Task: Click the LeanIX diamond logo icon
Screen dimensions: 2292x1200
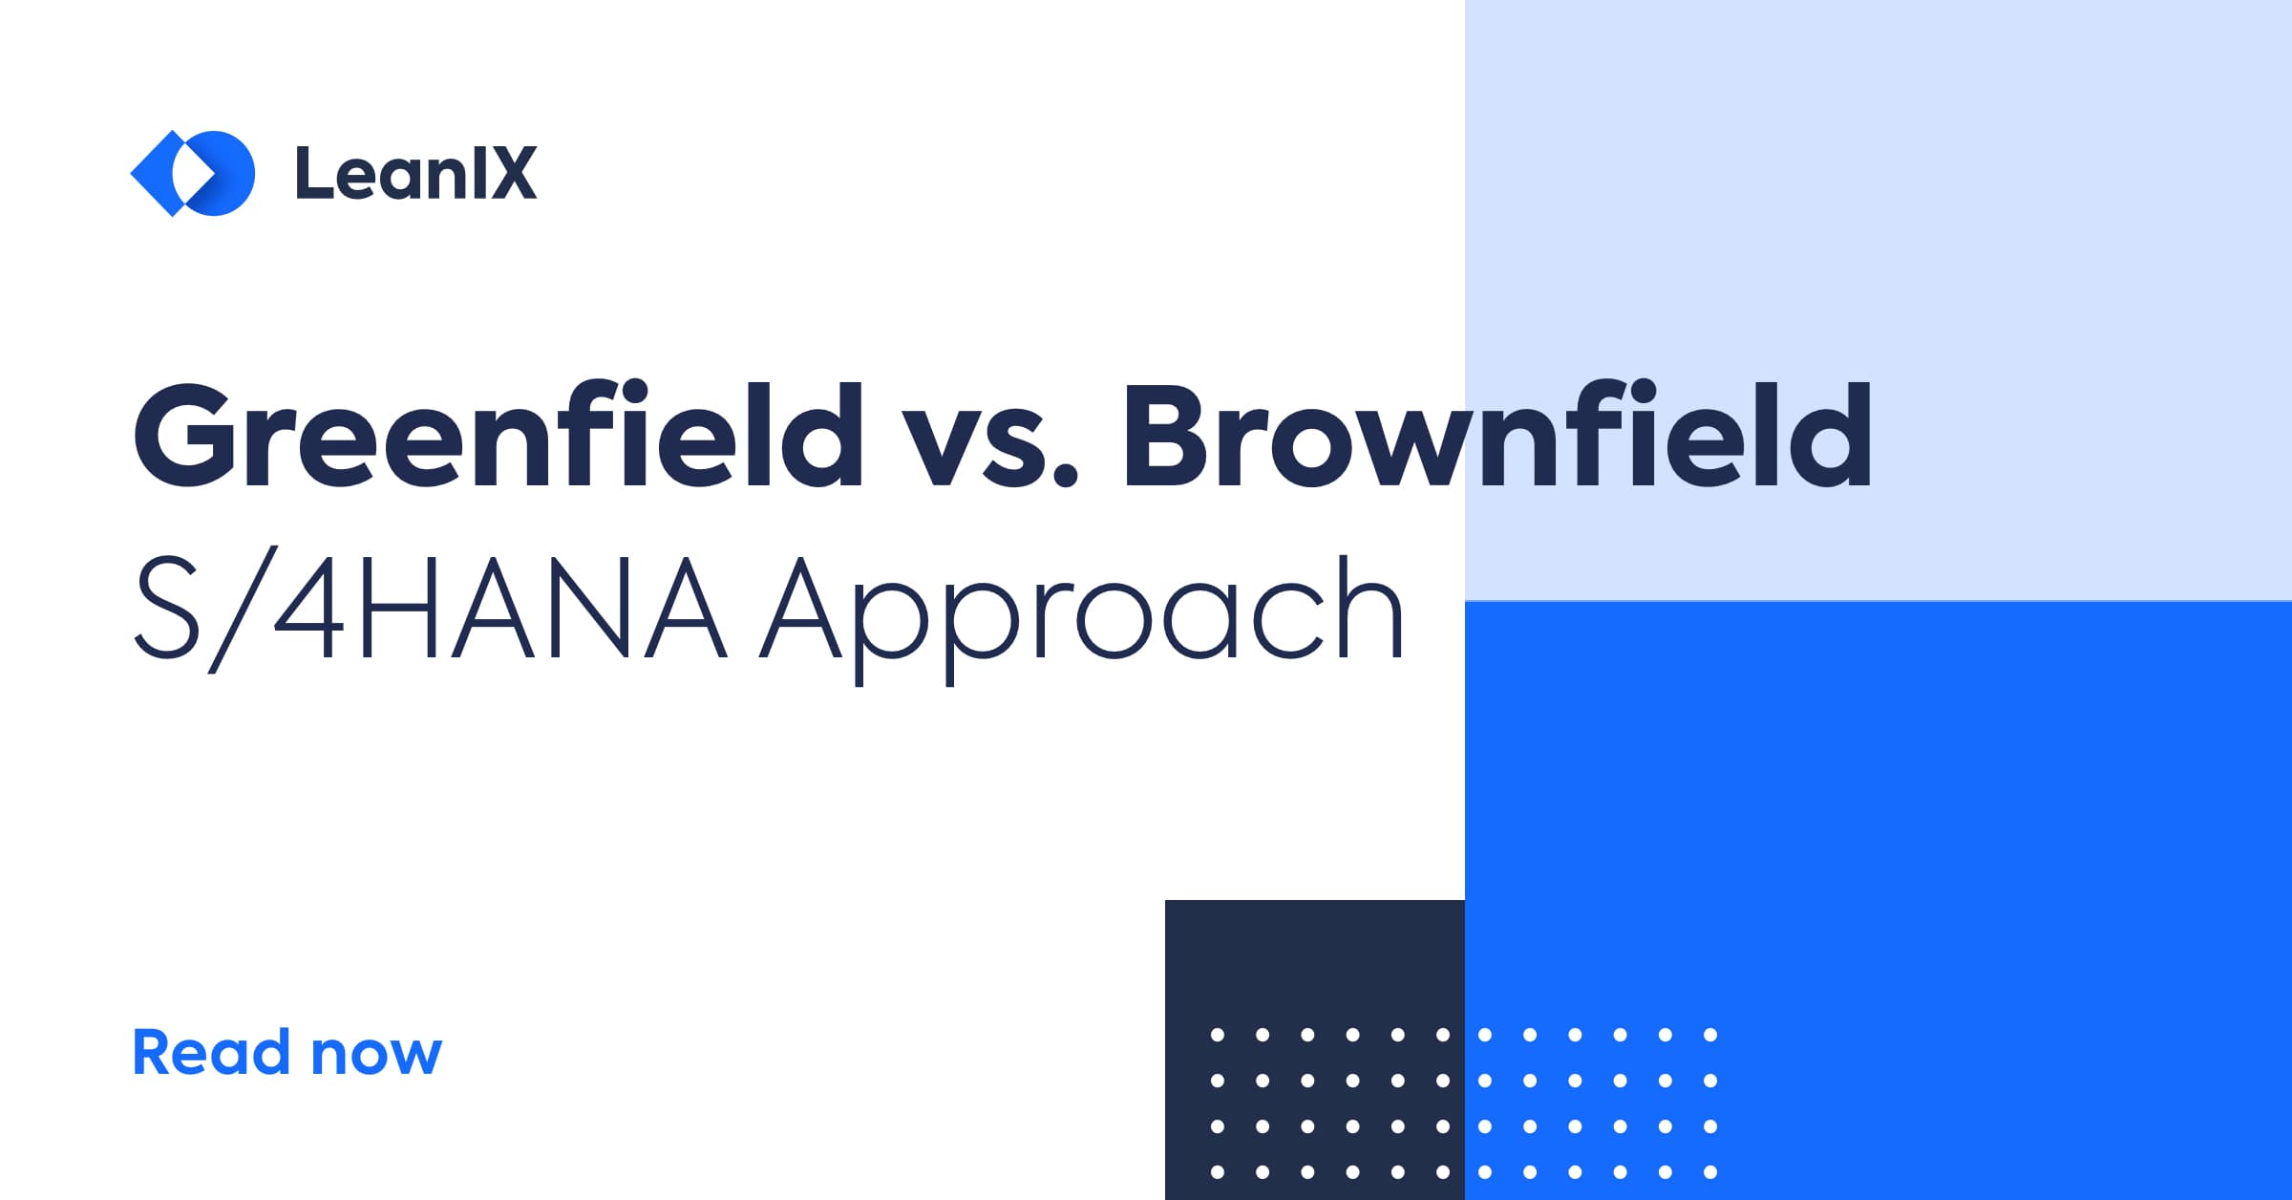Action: [192, 173]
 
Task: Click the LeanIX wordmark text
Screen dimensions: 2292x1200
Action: [416, 173]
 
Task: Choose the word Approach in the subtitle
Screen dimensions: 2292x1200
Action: [1081, 616]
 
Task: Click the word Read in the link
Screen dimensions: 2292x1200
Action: [211, 1052]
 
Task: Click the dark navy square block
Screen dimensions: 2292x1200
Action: [1315, 1049]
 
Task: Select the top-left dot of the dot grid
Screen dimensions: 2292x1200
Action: [1217, 1035]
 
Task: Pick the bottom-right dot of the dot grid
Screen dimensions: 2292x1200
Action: [1710, 1172]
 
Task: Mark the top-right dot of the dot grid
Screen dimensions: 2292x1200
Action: [1710, 1035]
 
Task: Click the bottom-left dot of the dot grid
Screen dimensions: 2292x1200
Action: [1217, 1172]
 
